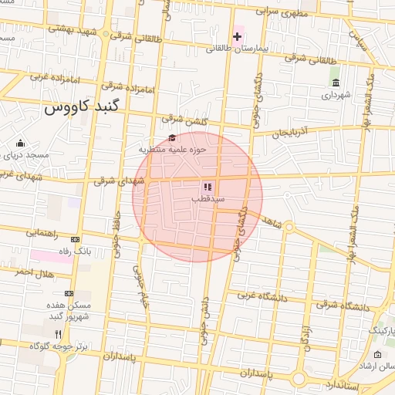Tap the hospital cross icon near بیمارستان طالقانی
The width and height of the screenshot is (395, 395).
(238, 36)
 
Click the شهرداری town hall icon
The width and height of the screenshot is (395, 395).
(335, 83)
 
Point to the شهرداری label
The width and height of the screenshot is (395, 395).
(336, 95)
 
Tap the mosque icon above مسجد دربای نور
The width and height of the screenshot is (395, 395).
(20, 143)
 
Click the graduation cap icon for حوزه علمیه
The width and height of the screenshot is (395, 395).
(171, 137)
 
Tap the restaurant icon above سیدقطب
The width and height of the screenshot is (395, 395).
(207, 186)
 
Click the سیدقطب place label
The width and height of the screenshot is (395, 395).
(208, 197)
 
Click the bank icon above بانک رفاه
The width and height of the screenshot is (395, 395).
(75, 239)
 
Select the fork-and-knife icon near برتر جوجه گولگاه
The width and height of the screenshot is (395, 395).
(56, 333)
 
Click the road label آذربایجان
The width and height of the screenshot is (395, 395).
(294, 133)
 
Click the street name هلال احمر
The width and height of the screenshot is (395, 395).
(33, 272)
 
